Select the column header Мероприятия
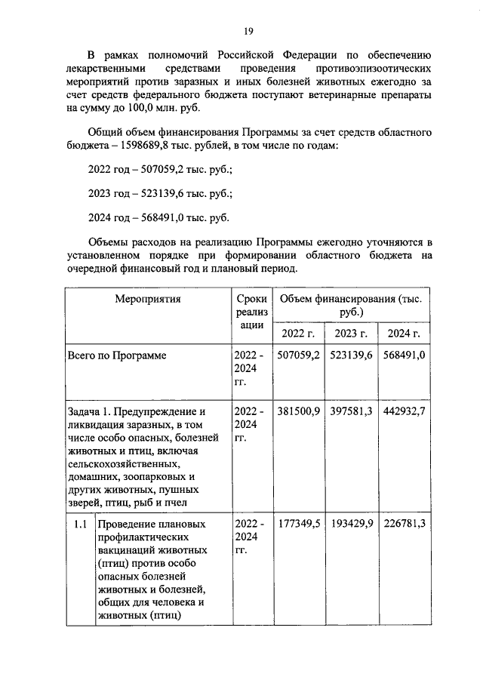coord(148,299)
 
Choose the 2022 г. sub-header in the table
coord(298,334)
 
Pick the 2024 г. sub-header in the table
coord(404,334)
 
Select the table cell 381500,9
coord(298,411)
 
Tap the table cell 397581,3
coord(351,411)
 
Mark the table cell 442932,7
coord(404,411)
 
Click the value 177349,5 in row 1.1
coord(298,523)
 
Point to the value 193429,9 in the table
coord(351,523)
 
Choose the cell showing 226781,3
coord(404,523)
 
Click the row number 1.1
coord(80,523)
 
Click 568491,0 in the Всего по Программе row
coord(404,355)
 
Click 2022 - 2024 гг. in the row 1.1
coord(248,536)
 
